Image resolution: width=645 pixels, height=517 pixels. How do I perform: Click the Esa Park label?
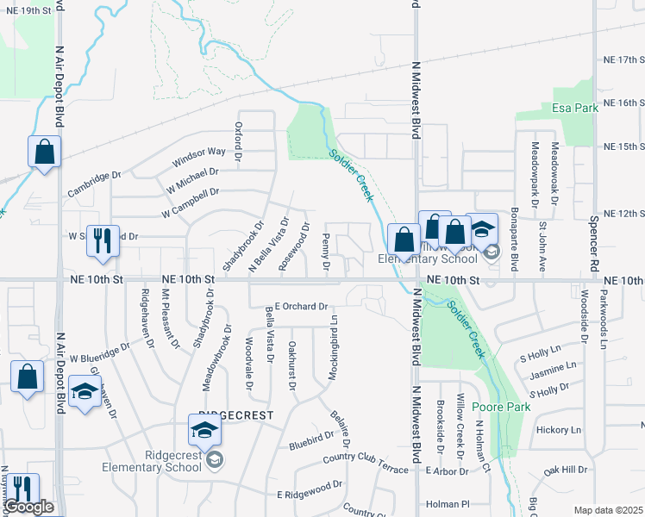pyautogui.click(x=574, y=109)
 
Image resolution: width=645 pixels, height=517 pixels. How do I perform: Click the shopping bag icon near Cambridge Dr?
pyautogui.click(x=44, y=153)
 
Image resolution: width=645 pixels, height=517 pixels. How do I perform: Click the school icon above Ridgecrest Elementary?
pyautogui.click(x=205, y=429)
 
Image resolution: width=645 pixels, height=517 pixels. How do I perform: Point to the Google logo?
pyautogui.click(x=29, y=507)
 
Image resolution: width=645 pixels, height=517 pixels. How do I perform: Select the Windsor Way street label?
pyautogui.click(x=198, y=156)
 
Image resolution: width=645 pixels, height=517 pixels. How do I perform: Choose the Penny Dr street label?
pyautogui.click(x=326, y=252)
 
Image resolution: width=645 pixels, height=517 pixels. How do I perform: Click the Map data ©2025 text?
pyautogui.click(x=608, y=510)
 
